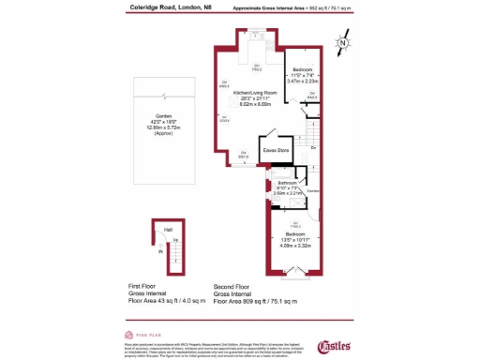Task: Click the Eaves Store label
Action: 275,150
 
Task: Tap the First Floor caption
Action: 145,284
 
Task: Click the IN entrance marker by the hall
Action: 160,251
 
